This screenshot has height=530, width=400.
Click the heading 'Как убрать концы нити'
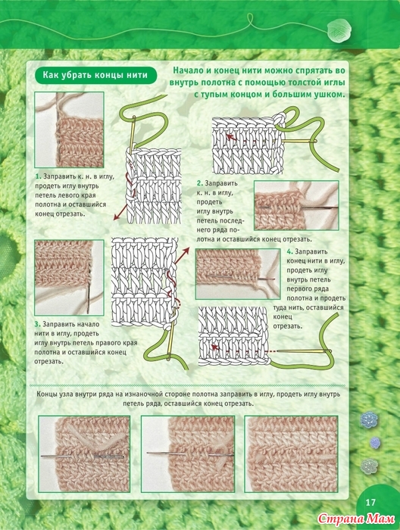point(95,75)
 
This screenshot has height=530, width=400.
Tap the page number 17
point(370,502)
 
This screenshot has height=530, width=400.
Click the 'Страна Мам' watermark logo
point(356,518)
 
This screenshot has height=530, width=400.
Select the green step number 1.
point(38,176)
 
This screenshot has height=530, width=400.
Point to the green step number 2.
point(200,183)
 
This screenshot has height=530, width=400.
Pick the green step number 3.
point(37,325)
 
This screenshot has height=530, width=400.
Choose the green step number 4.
point(289,252)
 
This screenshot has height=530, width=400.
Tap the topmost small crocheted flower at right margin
point(368,419)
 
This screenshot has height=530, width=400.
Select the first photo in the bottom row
point(84,454)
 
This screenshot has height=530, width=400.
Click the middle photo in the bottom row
point(188,454)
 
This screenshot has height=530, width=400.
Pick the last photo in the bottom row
point(292,454)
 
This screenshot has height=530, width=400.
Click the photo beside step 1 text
point(69,129)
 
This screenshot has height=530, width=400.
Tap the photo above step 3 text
point(69,278)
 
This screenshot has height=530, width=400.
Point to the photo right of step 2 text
point(296,205)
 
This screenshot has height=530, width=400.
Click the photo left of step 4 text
point(238,274)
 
